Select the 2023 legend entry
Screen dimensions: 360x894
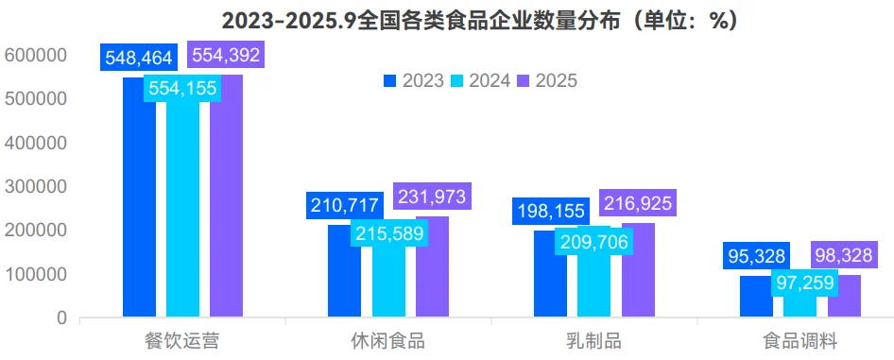click(x=414, y=80)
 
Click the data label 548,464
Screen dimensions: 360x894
click(x=139, y=58)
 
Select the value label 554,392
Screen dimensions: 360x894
click(x=226, y=56)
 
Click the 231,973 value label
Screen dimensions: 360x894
click(x=432, y=197)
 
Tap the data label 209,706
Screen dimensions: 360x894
click(x=593, y=241)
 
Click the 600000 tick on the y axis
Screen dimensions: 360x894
click(x=35, y=56)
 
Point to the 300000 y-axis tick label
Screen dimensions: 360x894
click(x=35, y=187)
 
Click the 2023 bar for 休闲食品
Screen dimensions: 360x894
click(x=344, y=274)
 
